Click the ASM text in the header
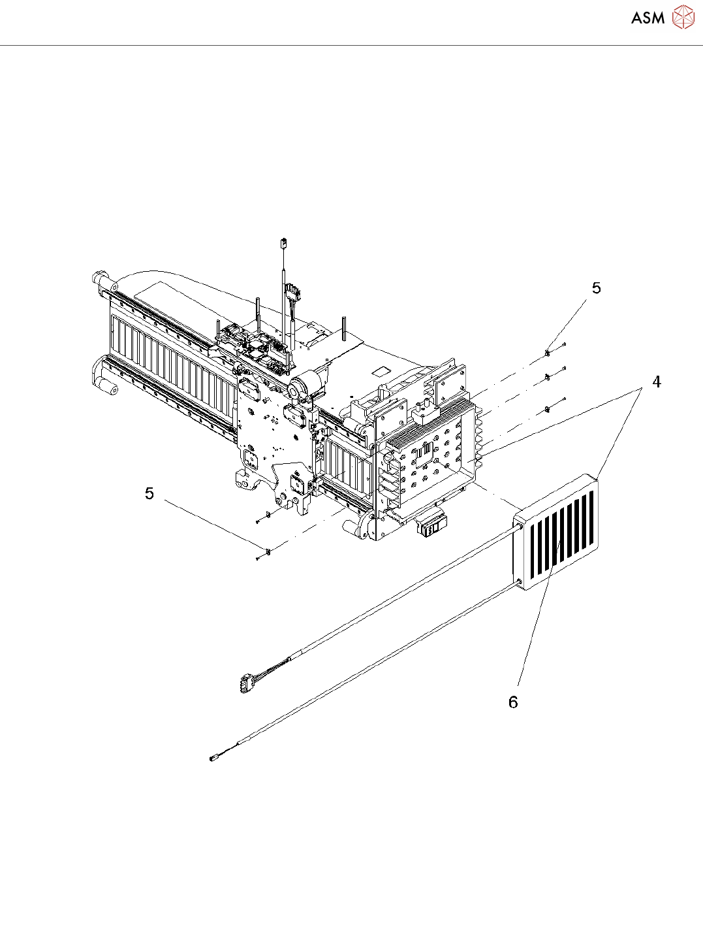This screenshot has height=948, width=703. click(648, 18)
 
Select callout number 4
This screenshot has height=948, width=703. click(657, 382)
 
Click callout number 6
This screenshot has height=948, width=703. click(513, 702)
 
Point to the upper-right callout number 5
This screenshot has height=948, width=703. click(596, 288)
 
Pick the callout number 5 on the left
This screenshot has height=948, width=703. click(149, 493)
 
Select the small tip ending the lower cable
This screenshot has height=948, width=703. click(212, 759)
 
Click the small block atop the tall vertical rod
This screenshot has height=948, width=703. click(285, 244)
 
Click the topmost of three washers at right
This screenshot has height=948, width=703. click(547, 353)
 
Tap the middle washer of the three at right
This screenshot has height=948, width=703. click(546, 377)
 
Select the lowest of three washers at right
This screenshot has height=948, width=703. click(546, 410)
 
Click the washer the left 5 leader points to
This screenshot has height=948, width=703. click(268, 551)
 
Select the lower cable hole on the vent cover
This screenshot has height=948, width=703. click(519, 581)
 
